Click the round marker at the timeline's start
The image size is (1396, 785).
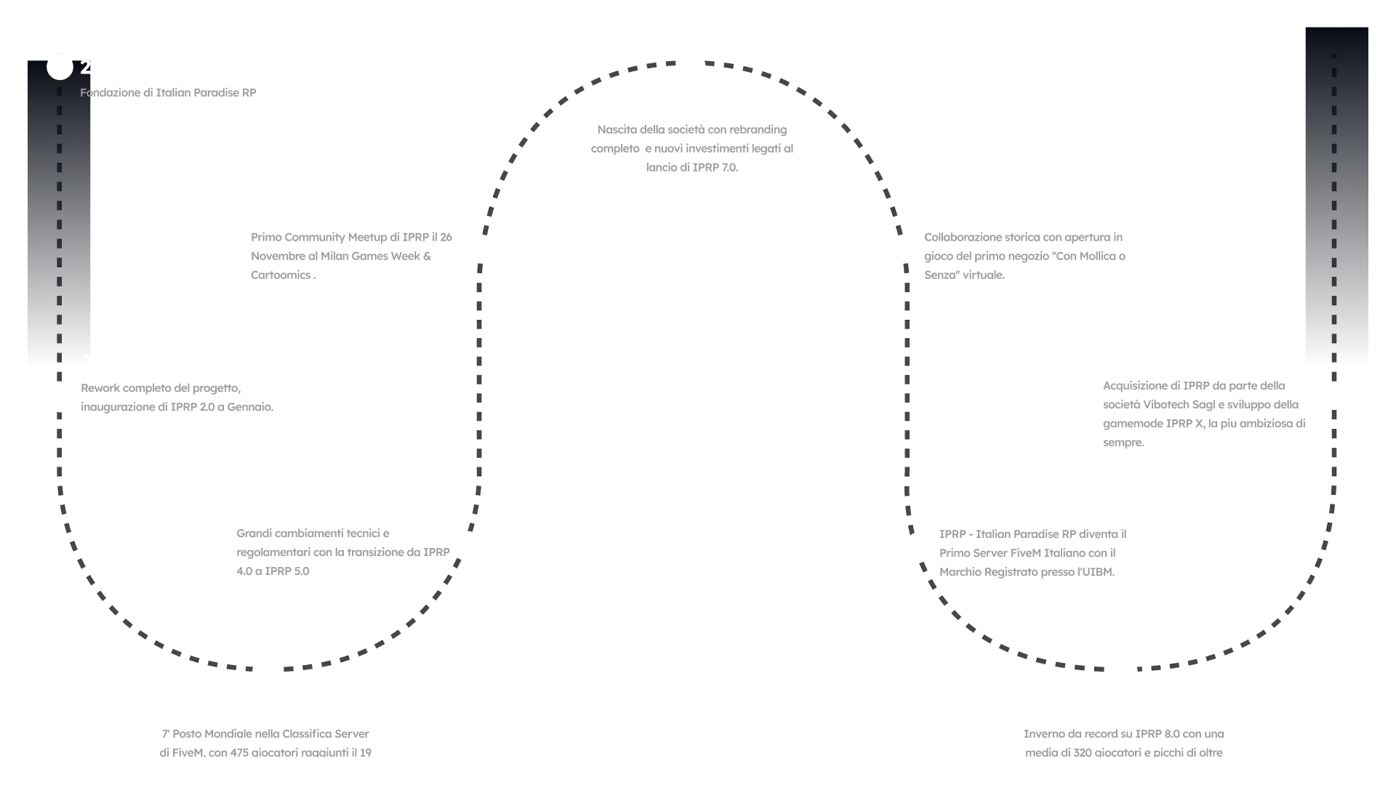pyautogui.click(x=60, y=67)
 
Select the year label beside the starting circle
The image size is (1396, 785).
pyautogui.click(x=104, y=67)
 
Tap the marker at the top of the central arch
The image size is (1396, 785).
pyautogui.click(x=691, y=65)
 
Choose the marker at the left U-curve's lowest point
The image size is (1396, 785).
pyautogui.click(x=265, y=671)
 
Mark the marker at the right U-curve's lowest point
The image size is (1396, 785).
pyautogui.click(x=1124, y=671)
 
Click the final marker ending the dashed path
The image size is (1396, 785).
pyautogui.click(x=1334, y=397)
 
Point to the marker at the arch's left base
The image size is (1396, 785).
pyautogui.click(x=481, y=248)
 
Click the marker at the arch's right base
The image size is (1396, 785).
pyautogui.click(x=904, y=248)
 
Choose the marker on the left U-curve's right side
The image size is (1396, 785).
pyautogui.click(x=468, y=544)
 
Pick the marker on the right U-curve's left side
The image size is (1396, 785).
pyautogui.click(x=918, y=544)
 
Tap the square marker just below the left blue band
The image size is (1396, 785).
pyautogui.click(x=61, y=398)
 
